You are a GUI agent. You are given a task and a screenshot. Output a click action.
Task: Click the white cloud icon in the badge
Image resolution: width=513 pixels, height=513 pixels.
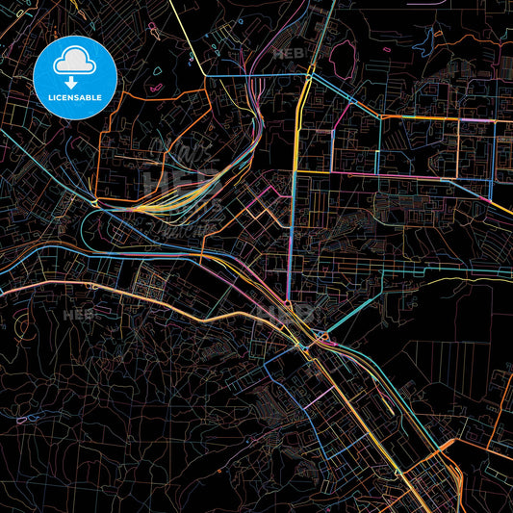(75, 61)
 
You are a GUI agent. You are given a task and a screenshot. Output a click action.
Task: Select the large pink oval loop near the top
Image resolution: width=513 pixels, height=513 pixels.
(343, 61)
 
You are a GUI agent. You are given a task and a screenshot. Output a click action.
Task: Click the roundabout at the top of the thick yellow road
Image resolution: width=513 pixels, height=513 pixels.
(308, 72)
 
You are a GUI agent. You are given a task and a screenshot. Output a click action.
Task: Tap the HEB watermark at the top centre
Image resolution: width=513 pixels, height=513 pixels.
(290, 54)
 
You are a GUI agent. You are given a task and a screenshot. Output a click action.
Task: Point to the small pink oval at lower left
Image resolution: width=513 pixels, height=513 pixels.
(24, 419)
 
